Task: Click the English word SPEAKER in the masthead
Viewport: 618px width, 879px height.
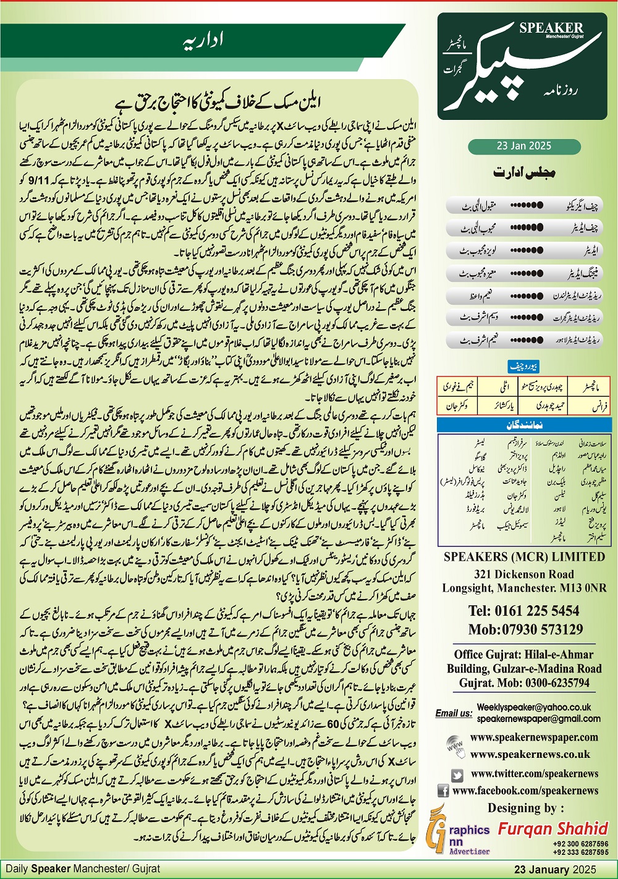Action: point(551,28)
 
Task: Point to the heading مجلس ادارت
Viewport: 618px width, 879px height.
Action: point(524,172)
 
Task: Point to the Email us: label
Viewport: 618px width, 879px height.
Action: point(454,713)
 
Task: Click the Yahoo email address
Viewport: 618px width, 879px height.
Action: point(534,707)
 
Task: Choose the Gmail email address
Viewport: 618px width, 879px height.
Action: point(538,718)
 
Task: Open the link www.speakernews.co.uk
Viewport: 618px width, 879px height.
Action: point(530,754)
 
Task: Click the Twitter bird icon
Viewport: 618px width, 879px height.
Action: point(457,774)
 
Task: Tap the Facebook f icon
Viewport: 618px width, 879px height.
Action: point(443,791)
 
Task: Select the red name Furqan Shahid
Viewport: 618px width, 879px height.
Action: point(553,828)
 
